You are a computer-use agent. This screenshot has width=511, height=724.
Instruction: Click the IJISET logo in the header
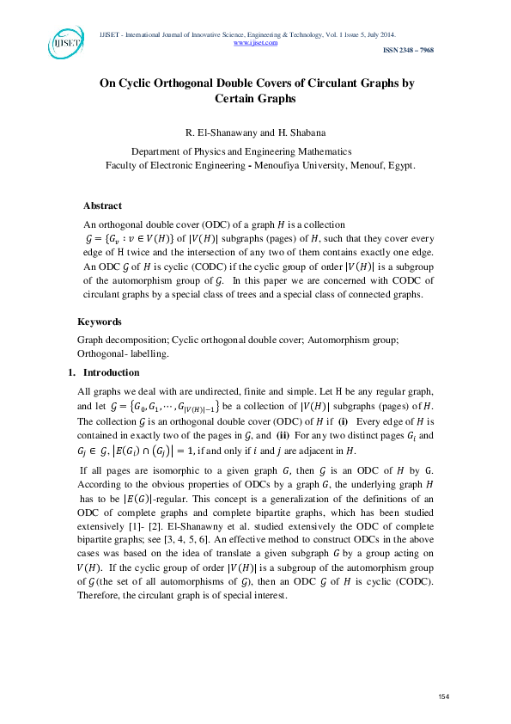click(64, 43)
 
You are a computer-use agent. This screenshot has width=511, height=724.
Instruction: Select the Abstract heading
click(102, 206)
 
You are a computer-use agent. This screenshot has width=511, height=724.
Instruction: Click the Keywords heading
click(99, 322)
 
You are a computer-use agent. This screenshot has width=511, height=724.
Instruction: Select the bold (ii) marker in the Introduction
click(289, 435)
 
